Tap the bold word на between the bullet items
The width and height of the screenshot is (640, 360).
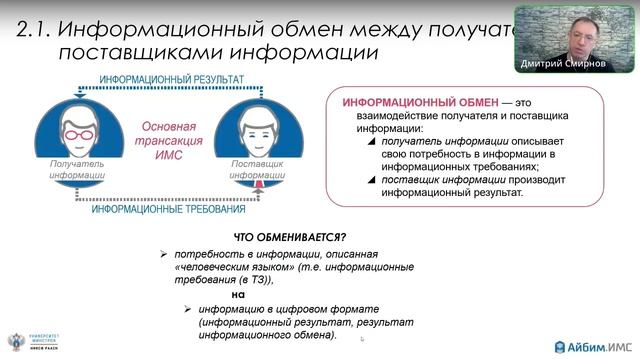[x=238, y=295]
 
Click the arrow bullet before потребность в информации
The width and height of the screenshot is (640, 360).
[x=163, y=256]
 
